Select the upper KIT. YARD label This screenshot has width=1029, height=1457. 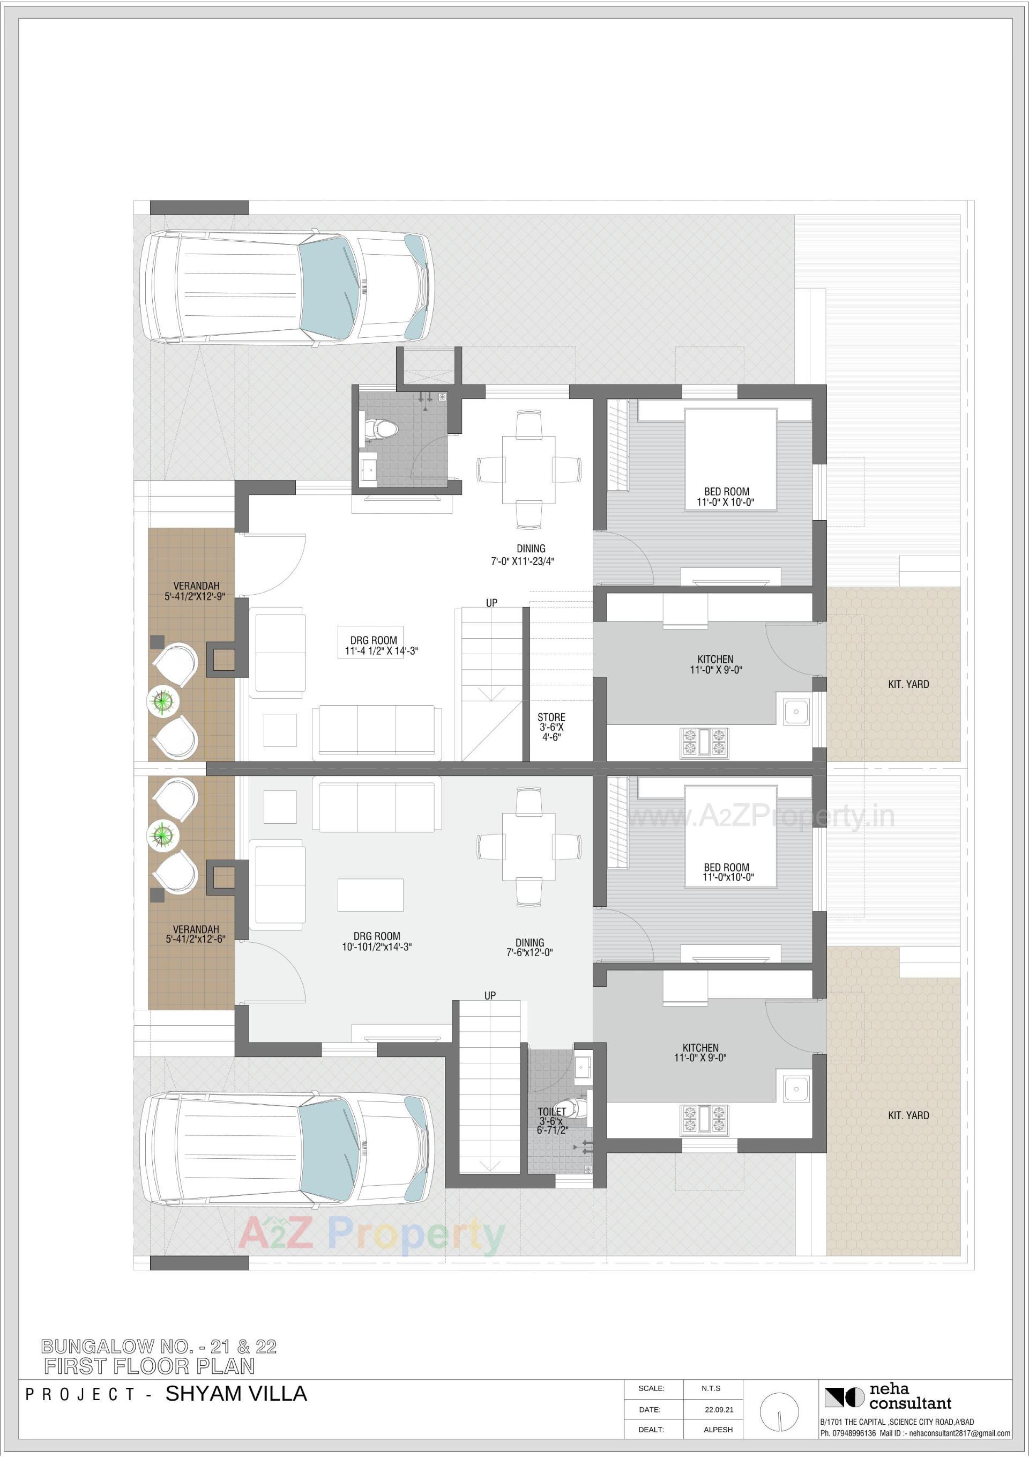pos(908,684)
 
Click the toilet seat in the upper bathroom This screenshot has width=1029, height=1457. pos(383,430)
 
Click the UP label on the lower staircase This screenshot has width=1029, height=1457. pos(490,996)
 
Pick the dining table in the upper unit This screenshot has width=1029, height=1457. pos(528,469)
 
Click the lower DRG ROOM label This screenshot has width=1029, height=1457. pos(377,941)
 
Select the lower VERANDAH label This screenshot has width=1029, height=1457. pos(196,934)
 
